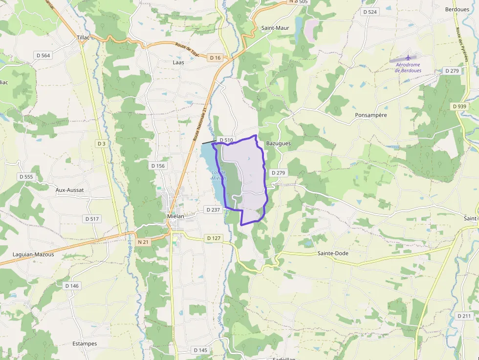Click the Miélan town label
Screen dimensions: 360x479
click(175, 216)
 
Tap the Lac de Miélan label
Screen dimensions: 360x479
click(218, 175)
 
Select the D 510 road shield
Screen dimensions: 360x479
click(226, 140)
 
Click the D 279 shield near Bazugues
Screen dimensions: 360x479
click(277, 173)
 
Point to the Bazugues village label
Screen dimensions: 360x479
click(278, 144)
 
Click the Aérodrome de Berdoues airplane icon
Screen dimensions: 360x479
click(409, 59)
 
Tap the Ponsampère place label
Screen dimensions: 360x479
click(371, 115)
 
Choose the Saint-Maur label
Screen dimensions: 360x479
click(275, 28)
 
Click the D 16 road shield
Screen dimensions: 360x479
click(215, 58)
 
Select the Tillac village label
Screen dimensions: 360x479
click(84, 38)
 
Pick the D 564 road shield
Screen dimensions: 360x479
click(43, 55)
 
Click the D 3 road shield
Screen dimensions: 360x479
click(101, 144)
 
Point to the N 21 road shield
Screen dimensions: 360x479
click(143, 242)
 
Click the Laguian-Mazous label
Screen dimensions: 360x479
click(33, 254)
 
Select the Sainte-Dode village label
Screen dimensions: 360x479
click(332, 254)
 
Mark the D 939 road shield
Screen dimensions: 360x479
click(459, 106)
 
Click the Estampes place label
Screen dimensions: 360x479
click(85, 343)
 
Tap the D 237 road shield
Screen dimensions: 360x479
click(214, 210)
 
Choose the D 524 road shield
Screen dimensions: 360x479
click(370, 12)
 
